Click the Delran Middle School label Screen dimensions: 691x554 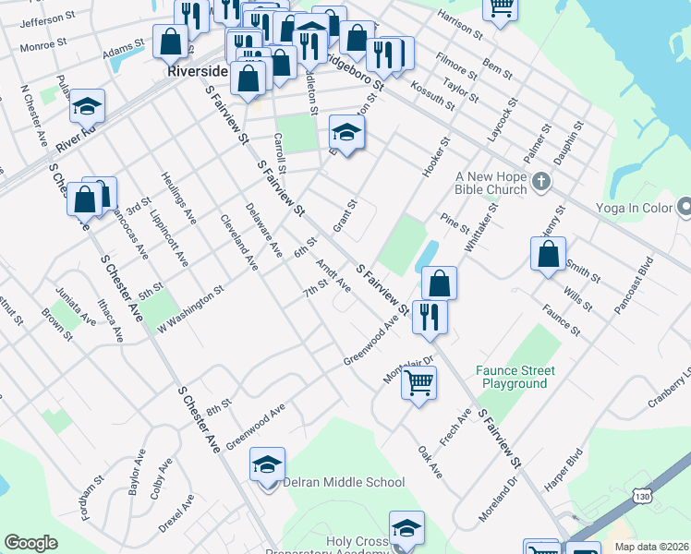[x=343, y=482]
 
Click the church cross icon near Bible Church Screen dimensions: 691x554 [x=542, y=182]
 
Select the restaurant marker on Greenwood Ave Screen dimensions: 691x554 [x=430, y=316]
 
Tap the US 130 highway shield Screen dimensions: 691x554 [x=640, y=496]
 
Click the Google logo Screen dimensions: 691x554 [x=31, y=543]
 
